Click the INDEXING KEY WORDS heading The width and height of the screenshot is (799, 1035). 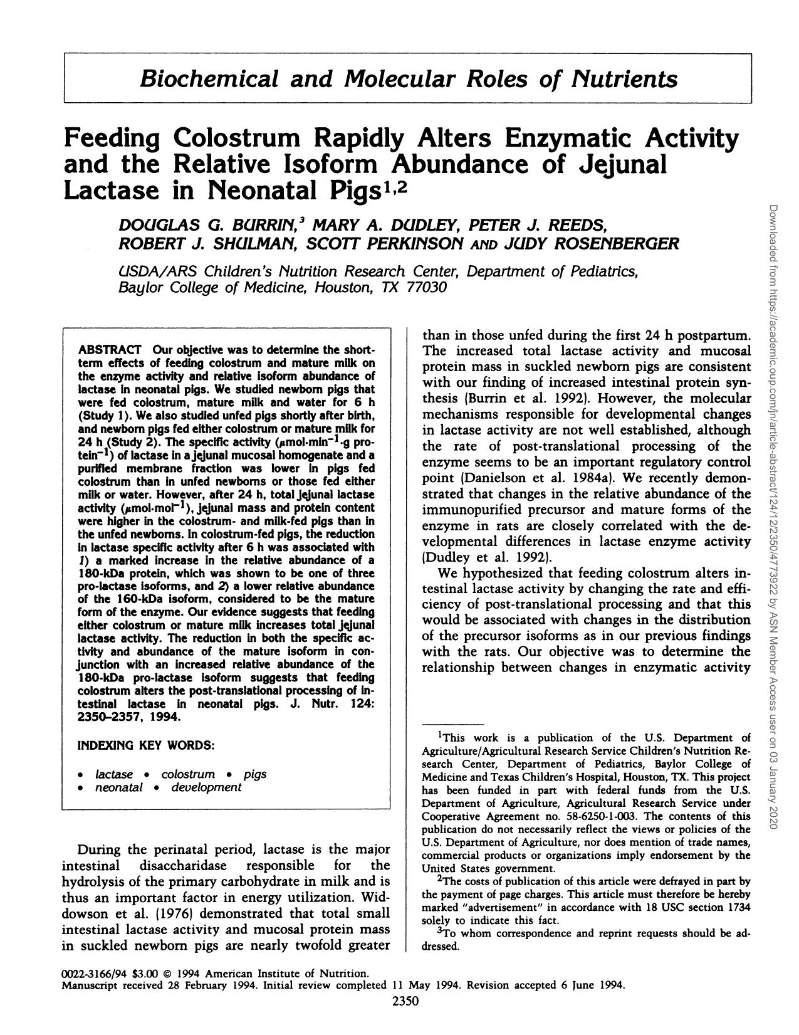click(x=146, y=746)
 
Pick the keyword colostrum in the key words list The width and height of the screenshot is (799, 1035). click(x=188, y=774)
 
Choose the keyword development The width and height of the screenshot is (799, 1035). click(x=206, y=787)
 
